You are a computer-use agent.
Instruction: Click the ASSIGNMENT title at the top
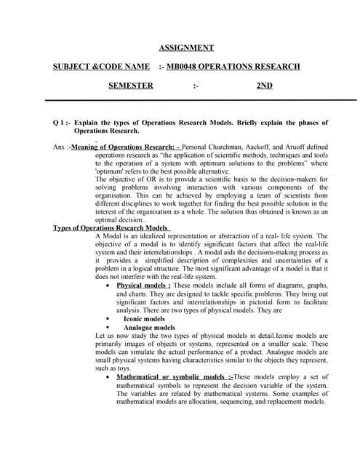point(186,48)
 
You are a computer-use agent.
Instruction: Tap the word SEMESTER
point(131,86)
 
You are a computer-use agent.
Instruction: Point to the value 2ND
point(265,86)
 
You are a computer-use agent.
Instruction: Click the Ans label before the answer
point(61,147)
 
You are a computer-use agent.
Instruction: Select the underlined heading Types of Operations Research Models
point(110,227)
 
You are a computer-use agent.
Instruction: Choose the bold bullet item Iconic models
point(144,319)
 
